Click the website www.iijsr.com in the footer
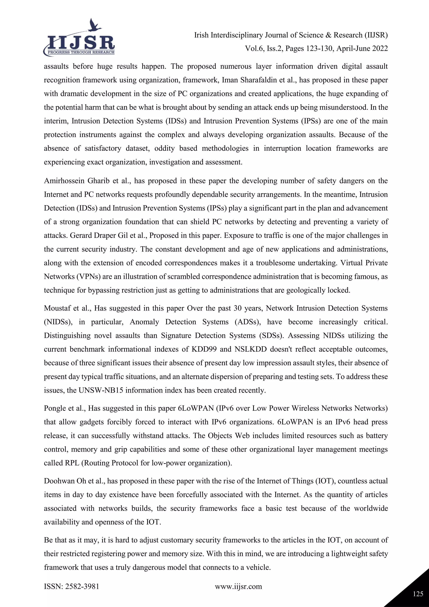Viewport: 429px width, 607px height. click(x=238, y=586)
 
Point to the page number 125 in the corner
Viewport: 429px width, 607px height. click(x=418, y=594)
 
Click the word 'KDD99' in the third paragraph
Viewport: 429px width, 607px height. click(x=203, y=349)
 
